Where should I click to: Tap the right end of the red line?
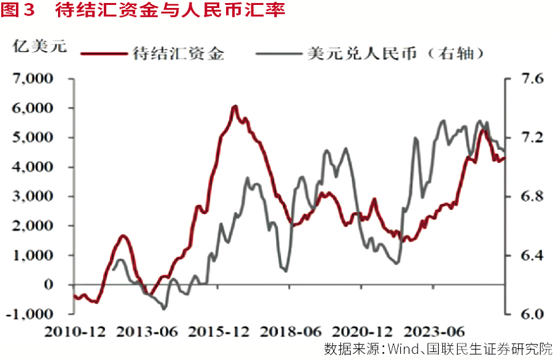[504, 158]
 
